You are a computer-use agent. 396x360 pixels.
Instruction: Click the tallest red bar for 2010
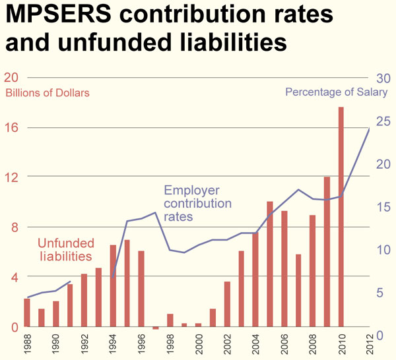coord(341,218)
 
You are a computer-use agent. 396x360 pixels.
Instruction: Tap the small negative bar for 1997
coord(156,328)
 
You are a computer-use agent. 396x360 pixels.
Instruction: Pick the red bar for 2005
coord(269,264)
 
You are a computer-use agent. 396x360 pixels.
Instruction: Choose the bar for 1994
coord(113,286)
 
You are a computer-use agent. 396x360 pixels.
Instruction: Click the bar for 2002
coord(227,304)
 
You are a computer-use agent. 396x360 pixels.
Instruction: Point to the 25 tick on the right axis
coord(381,121)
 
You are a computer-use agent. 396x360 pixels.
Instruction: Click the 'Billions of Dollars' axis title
coord(48,93)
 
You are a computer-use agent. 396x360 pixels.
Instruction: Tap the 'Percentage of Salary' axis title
coord(337,92)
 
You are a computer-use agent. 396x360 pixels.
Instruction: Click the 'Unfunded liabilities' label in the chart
coord(65,249)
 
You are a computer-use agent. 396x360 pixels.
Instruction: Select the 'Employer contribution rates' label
coord(197,203)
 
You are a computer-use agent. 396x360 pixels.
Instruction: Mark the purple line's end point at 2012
coord(369,129)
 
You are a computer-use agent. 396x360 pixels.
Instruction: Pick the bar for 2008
coord(312,271)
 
